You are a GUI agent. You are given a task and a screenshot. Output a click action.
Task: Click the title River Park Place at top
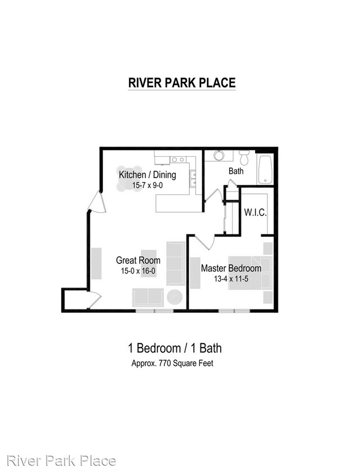click(x=182, y=83)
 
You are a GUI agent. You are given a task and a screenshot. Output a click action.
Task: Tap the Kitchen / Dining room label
click(x=147, y=175)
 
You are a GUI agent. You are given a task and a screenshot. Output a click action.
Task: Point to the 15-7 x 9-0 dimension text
click(x=147, y=185)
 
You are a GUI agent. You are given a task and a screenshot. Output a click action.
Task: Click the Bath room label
click(x=236, y=171)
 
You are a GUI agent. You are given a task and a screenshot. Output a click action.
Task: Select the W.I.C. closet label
click(x=255, y=213)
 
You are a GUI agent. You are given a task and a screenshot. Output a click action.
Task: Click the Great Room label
click(x=138, y=260)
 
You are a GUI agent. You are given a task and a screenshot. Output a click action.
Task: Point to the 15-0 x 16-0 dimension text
click(x=138, y=271)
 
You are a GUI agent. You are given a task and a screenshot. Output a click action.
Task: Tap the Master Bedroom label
click(x=231, y=268)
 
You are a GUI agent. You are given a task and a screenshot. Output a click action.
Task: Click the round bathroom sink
click(x=218, y=156)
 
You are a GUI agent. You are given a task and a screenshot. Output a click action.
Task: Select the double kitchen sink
click(x=193, y=178)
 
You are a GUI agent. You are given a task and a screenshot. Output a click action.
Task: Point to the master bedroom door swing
click(x=206, y=243)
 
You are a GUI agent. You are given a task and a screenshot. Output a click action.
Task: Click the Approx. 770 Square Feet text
click(x=172, y=363)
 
